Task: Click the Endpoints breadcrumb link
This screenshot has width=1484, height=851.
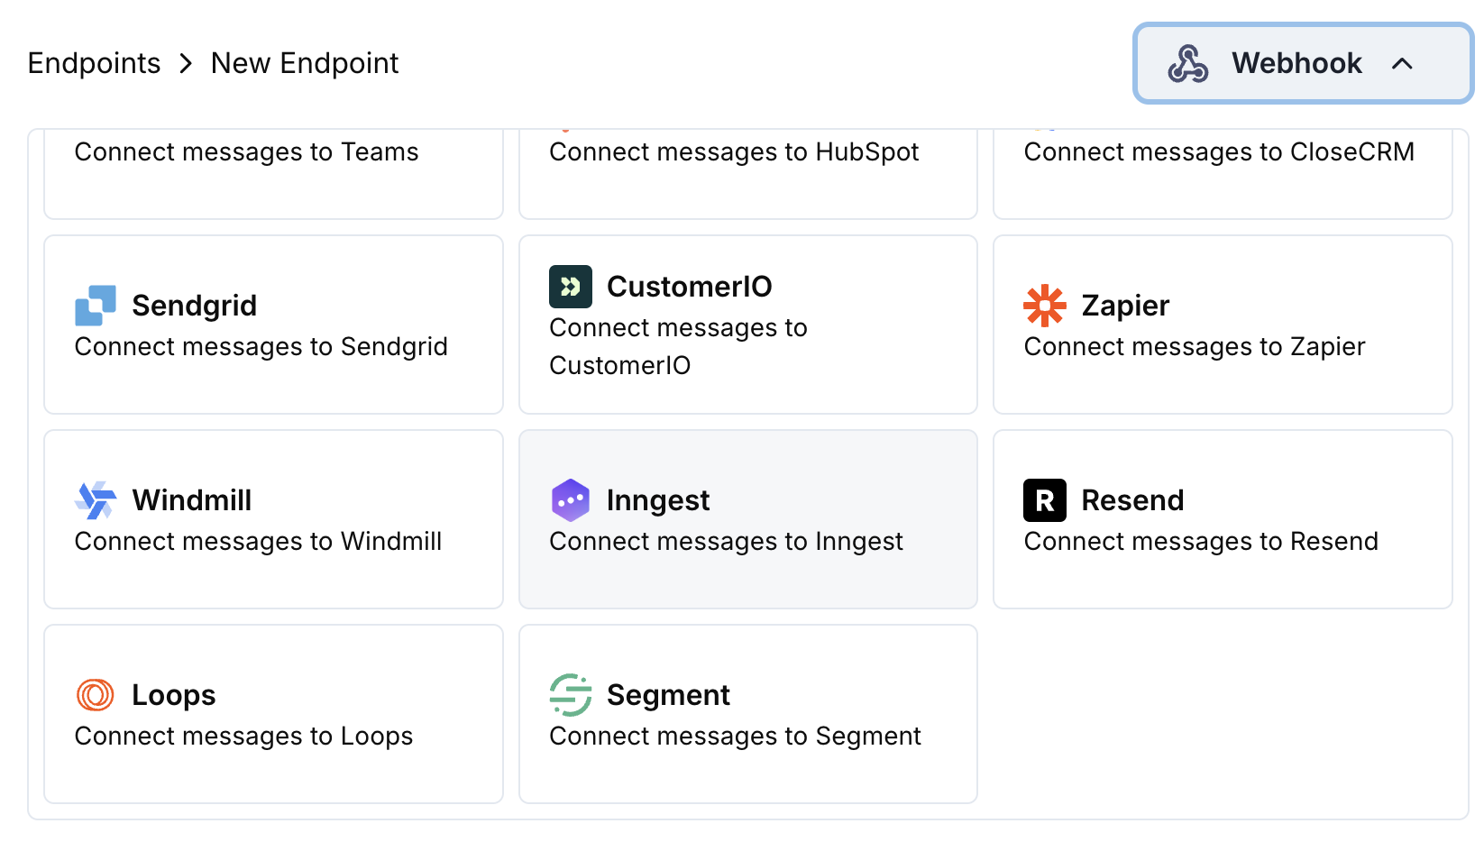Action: [x=94, y=63]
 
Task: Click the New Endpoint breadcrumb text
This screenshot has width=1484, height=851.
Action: [x=304, y=63]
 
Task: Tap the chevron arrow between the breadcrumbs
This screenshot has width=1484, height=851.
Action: [x=186, y=64]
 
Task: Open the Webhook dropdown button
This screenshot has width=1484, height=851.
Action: [x=1302, y=63]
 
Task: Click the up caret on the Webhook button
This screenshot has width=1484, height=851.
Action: [x=1402, y=63]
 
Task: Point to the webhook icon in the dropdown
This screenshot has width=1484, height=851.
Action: [x=1187, y=63]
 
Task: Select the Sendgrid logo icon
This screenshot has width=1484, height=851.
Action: [x=96, y=306]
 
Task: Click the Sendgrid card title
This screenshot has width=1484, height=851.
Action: [x=194, y=306]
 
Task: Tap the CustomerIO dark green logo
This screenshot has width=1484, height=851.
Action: [x=571, y=287]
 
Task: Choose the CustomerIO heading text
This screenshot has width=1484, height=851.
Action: [x=689, y=287]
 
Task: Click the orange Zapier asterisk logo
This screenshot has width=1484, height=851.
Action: [x=1045, y=306]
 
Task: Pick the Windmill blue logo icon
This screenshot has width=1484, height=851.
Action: [x=96, y=500]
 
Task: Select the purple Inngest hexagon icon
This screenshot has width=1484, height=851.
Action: [x=571, y=500]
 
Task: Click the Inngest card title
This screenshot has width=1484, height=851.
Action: [x=657, y=500]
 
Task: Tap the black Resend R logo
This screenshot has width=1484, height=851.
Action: [x=1045, y=500]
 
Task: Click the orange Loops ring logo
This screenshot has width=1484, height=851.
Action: [x=96, y=695]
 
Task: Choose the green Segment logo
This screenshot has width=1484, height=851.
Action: [x=571, y=695]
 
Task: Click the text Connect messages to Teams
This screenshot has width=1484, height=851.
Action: [x=246, y=152]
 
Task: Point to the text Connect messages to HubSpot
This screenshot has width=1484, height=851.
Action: [x=734, y=152]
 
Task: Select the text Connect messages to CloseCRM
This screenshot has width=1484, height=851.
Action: [x=1219, y=152]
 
